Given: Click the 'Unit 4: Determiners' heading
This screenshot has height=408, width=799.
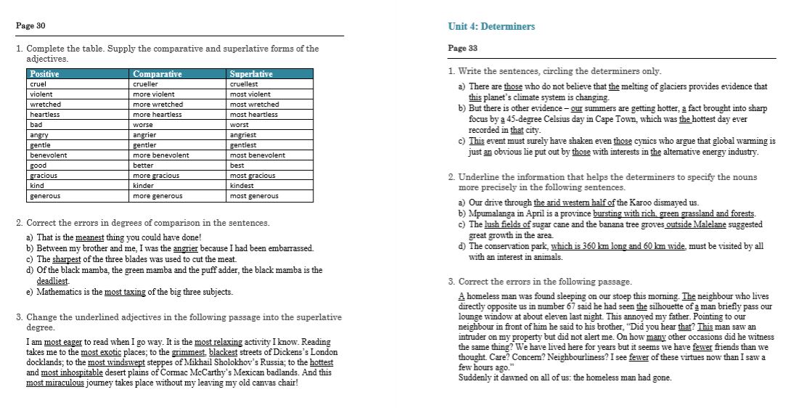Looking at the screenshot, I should coord(491,26).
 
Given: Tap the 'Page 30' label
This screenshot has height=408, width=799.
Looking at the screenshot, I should coord(30,26).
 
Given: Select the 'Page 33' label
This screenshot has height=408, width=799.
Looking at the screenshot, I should coord(462,48).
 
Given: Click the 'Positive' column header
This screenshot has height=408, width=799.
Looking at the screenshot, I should coord(45,74).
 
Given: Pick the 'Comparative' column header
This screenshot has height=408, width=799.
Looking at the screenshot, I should coord(157,74).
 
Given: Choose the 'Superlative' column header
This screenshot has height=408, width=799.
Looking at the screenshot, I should coord(251,74).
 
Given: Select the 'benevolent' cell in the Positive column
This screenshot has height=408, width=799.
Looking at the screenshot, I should coord(48,155).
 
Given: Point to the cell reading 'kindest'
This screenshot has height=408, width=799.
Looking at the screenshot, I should coord(242,185).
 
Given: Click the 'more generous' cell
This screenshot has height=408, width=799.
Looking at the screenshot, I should coord(158,195).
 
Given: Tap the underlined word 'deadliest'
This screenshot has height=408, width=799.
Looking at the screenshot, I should coord(52,281).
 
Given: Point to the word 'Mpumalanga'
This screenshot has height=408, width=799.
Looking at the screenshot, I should coord(493,213).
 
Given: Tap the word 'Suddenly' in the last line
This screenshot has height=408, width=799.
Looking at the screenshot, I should coord(476,378).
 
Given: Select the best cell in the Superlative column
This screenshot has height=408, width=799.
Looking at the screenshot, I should coord(237,165).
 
